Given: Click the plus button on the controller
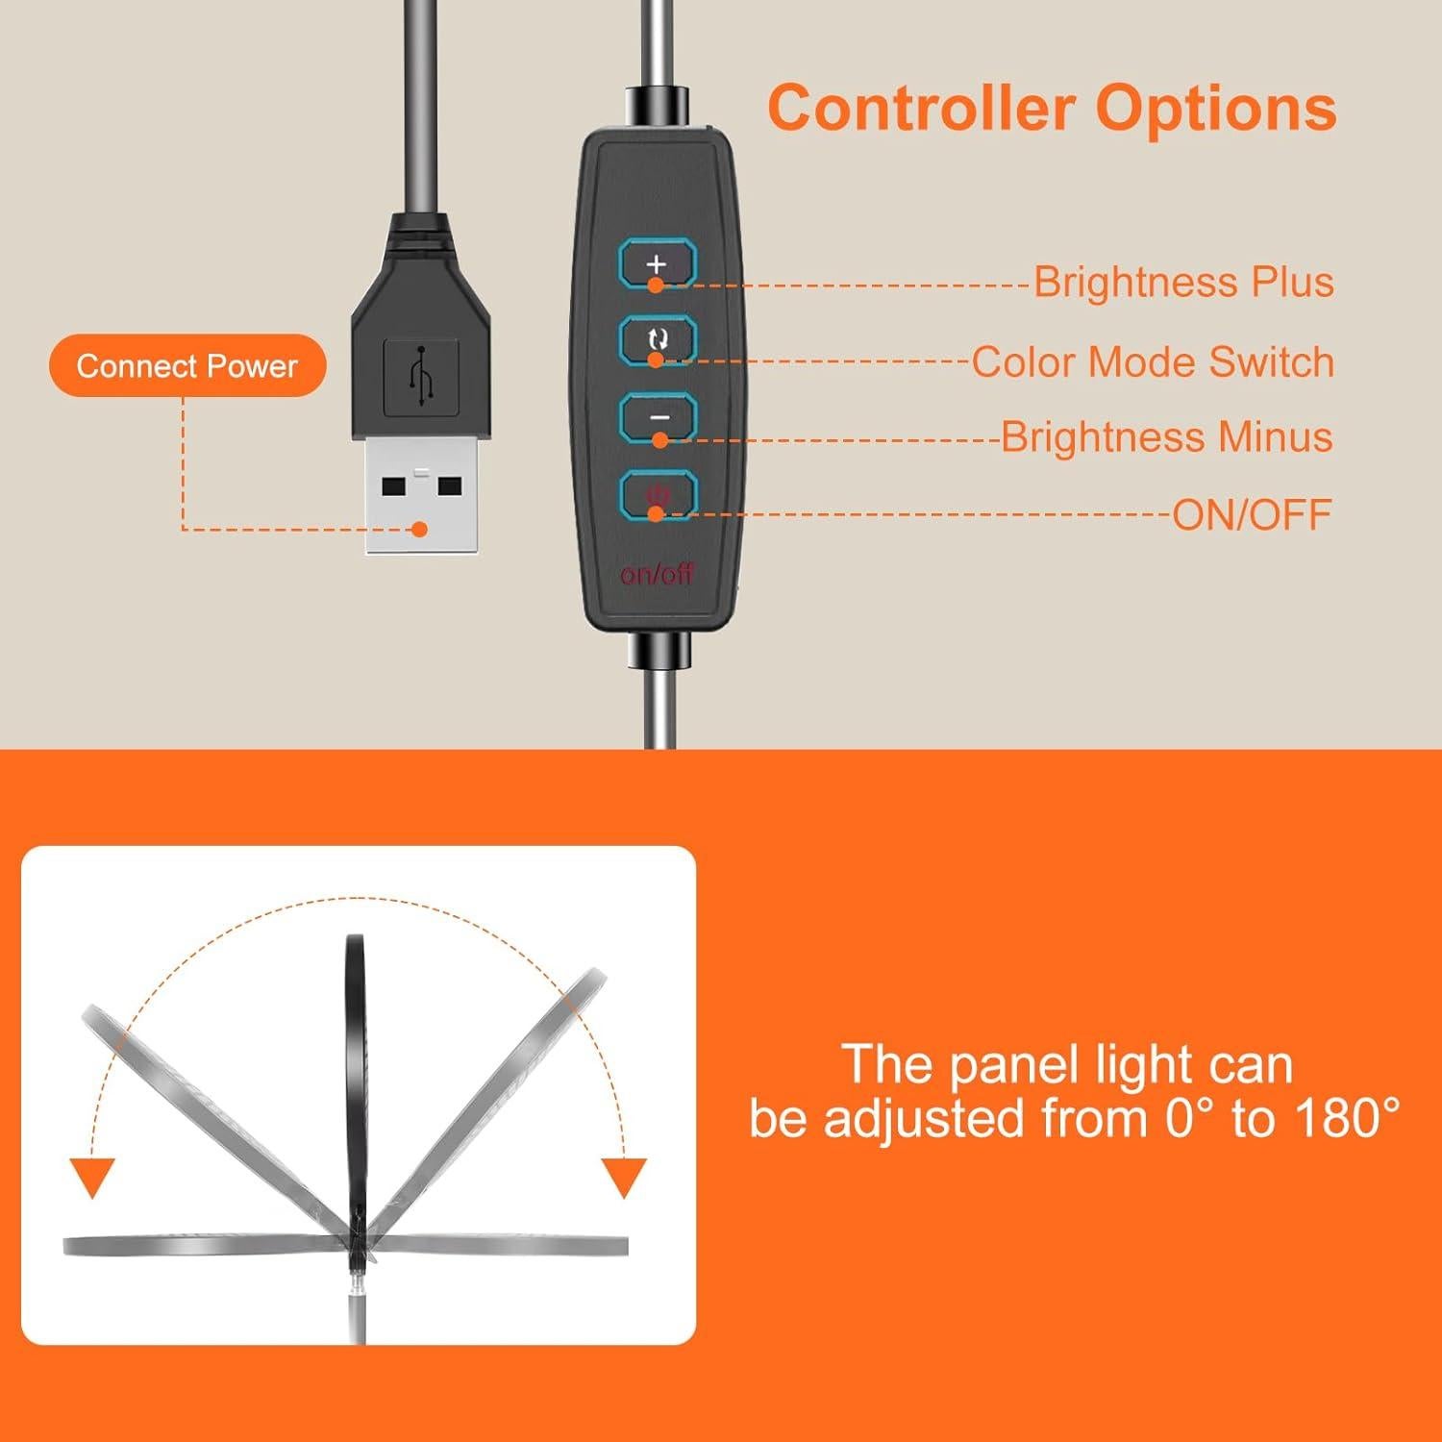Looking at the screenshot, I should [657, 263].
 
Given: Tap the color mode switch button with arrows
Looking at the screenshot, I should [657, 339].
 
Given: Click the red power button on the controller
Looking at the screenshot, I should [658, 495].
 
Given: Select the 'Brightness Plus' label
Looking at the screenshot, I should [1183, 283].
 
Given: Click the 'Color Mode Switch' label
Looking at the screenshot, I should [1152, 362].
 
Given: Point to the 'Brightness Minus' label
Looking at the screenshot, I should [1166, 437].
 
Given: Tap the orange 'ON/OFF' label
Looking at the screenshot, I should [1252, 515].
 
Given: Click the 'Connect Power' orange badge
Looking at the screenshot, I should [187, 366].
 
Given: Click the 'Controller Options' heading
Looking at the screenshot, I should [1052, 108].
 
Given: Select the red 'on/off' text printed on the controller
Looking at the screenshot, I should [657, 575].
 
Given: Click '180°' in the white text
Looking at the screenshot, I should [1346, 1119].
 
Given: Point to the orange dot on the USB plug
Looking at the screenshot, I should [419, 529].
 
